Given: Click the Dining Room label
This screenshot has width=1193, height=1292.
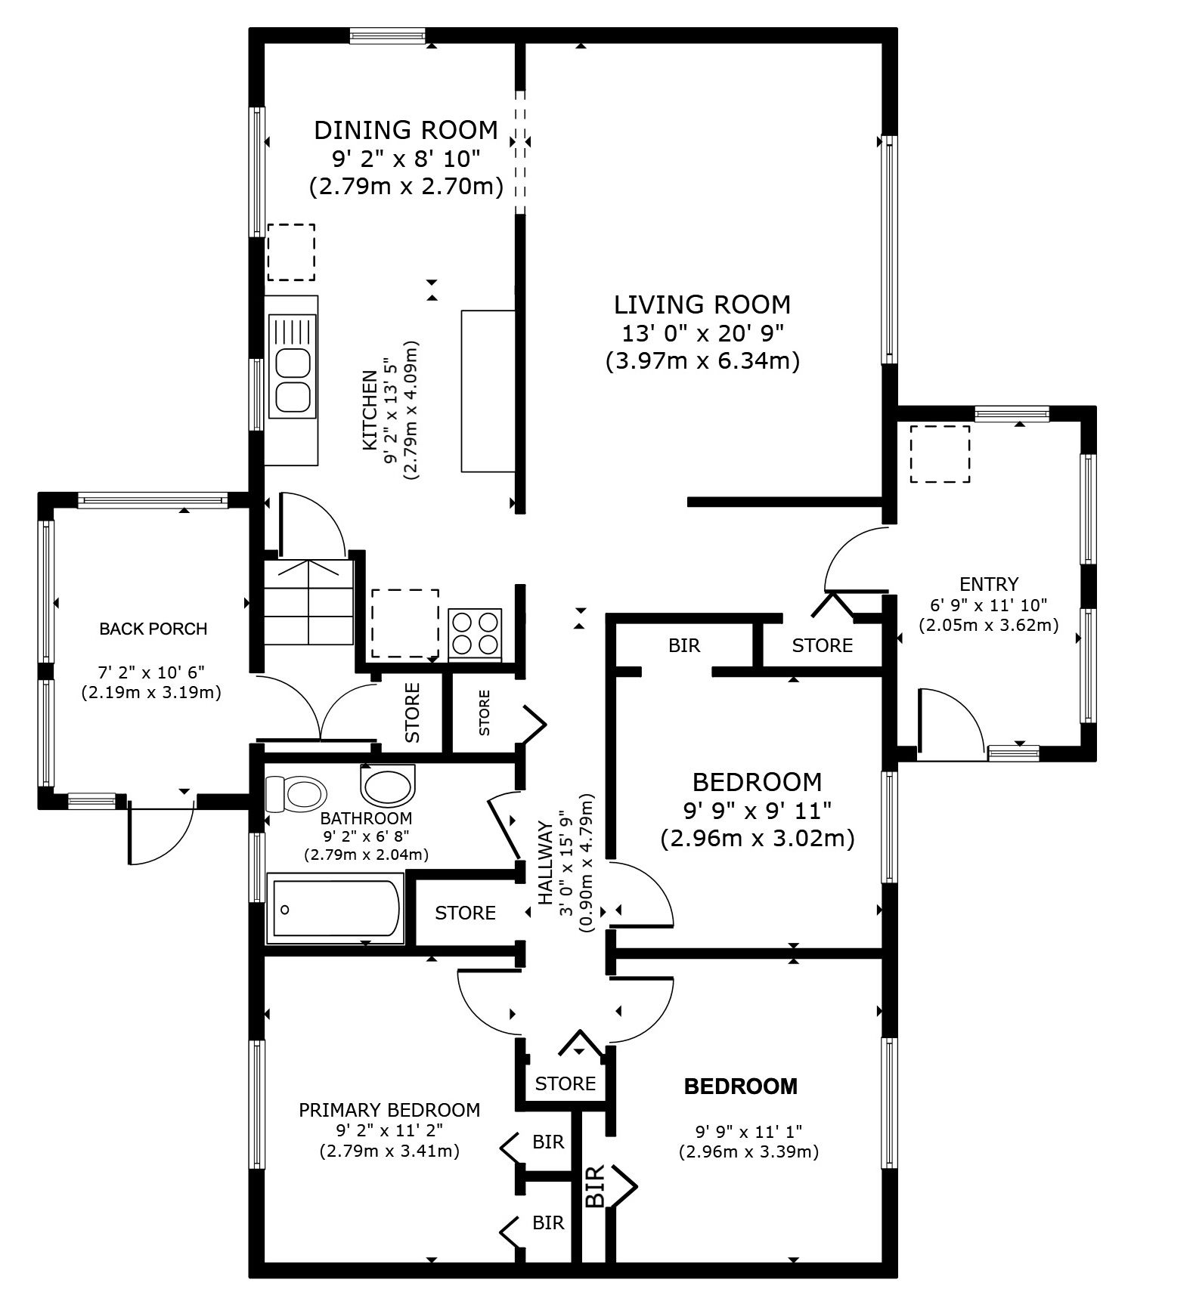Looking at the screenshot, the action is pos(406,130).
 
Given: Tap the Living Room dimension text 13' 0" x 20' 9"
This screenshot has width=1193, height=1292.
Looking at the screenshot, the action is pos(702,333).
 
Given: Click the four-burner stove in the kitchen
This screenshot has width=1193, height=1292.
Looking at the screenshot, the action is pos(475,632).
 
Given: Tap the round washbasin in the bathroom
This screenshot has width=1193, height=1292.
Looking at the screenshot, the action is pos(388,784).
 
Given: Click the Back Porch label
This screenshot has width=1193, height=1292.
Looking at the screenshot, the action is pos(153,629).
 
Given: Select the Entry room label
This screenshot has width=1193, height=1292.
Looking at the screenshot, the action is pos(989,584).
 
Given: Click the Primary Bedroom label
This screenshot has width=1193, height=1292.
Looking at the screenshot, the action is pos(389,1110).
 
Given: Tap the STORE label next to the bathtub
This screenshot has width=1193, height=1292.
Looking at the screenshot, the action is pos(465,913).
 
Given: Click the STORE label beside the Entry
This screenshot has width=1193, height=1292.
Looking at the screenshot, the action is pos(822,645).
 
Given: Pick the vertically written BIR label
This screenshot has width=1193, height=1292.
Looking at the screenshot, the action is pos(595,1185).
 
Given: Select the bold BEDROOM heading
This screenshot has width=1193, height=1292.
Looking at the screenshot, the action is pos(740,1086).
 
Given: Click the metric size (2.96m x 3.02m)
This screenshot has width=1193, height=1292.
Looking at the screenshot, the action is pos(757,839).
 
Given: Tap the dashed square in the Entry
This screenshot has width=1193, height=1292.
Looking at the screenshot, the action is pos(940,454).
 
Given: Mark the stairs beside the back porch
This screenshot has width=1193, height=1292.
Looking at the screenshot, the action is pos(308,601).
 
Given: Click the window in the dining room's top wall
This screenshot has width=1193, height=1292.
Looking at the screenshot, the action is pos(388,36).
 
